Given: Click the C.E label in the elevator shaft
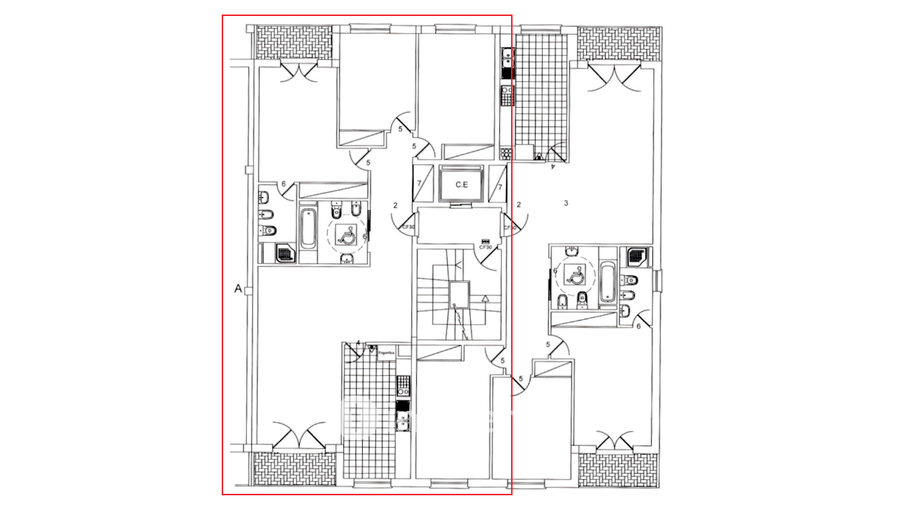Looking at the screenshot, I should point(461,185).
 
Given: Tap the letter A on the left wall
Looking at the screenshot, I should point(238,289).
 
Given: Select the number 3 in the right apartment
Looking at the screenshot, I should point(566,203).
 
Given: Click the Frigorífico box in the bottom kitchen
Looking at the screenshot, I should point(387,353).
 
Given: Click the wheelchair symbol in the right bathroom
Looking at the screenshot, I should point(576,276).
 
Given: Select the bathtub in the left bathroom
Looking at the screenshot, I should point(308,229).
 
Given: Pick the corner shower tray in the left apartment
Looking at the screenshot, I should point(285,253).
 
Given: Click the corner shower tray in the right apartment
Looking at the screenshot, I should point(637,256).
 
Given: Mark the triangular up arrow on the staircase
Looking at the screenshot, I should point(485,298).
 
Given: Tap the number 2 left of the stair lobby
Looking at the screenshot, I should point(396,205).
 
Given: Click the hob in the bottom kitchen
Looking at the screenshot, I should point(403,385).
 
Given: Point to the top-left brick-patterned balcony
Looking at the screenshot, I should point(294,42).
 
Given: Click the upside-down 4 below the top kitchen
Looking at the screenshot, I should point(553,166).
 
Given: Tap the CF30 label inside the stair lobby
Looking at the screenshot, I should point(485,247).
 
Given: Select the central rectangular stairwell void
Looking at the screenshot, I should point(459,295).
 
